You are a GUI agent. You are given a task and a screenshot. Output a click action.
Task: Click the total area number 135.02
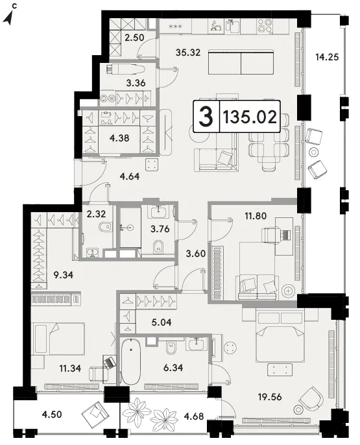coord(250,117)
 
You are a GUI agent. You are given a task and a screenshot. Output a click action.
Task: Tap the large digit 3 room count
coord(206,117)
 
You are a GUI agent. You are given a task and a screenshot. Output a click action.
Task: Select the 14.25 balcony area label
coord(327,57)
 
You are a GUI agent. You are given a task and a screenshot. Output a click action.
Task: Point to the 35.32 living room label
coord(188,52)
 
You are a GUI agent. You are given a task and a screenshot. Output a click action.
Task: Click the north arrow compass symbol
coord(10,16)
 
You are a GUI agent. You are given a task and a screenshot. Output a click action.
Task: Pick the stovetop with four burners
coord(265,26)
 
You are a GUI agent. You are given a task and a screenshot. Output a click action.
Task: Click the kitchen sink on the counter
coord(232,25)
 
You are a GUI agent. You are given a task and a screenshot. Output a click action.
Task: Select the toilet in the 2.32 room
coord(104,227)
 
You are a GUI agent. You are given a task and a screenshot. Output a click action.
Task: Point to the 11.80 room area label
coord(256,216)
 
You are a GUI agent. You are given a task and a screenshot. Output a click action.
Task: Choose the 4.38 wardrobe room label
coord(119,138)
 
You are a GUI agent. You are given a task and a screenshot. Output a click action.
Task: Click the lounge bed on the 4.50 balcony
coord(95,415)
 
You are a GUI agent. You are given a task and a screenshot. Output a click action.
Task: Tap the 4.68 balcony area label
coord(194,416)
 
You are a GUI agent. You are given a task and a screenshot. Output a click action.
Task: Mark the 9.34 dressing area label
coord(64,275)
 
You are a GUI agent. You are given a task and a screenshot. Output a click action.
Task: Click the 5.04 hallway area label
coord(161,322)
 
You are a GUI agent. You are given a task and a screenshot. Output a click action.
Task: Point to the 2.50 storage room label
coord(134,38)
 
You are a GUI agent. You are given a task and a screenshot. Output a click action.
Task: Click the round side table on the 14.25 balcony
coord(313,152)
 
